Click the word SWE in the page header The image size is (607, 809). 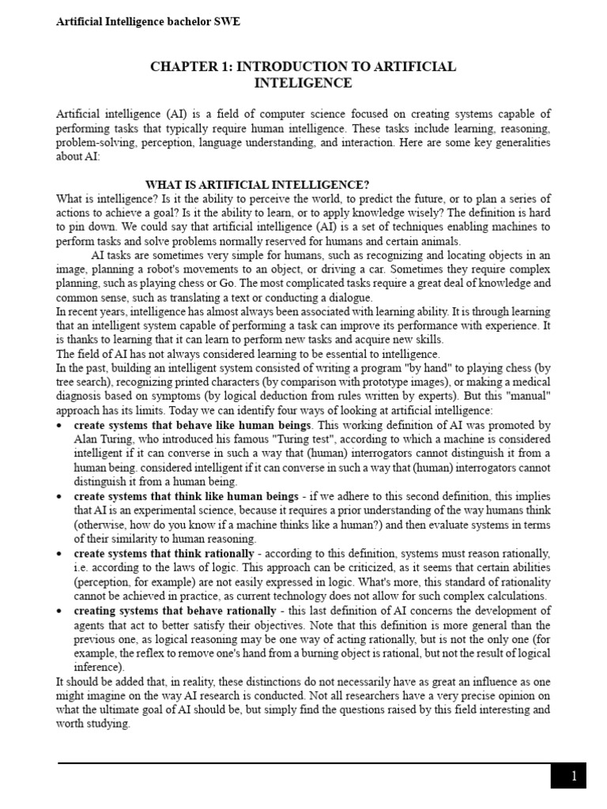click(227, 22)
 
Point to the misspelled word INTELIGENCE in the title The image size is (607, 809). click(303, 83)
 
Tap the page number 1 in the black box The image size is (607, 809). click(574, 777)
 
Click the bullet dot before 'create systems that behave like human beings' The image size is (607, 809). click(61, 426)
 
